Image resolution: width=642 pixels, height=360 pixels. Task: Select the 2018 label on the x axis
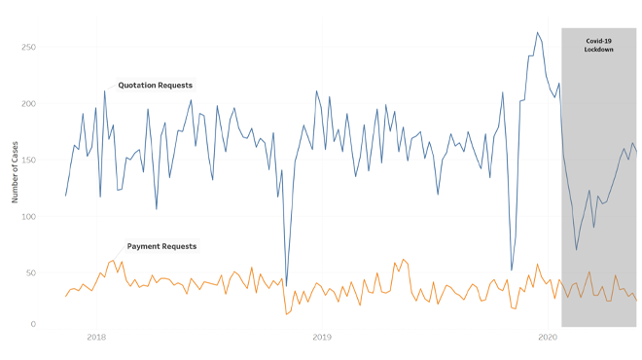[96, 337]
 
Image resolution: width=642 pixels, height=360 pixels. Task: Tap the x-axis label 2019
[322, 337]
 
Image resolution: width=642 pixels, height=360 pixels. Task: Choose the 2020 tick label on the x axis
[547, 337]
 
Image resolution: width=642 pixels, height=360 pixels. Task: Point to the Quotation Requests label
[156, 86]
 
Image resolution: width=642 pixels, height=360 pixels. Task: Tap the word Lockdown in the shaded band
[599, 50]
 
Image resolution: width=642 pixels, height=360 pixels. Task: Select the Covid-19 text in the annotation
[599, 41]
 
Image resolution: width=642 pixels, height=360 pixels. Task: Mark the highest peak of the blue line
[537, 32]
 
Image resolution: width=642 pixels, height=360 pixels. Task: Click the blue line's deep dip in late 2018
[286, 286]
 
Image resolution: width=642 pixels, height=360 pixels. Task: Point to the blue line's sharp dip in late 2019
[512, 270]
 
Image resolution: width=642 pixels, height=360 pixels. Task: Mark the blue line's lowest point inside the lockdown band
[576, 250]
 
